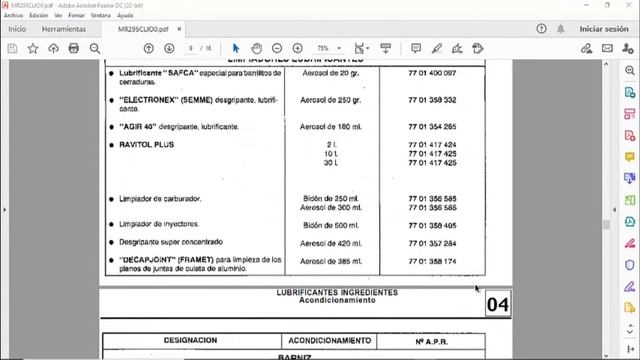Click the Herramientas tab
point(64,30)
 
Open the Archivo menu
point(13,16)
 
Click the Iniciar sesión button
point(603,30)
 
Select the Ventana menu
point(100,16)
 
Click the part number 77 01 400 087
point(432,74)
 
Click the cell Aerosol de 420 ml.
point(331,243)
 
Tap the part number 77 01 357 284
point(432,243)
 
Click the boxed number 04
point(497,304)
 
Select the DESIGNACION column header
point(190,340)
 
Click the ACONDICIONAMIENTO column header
point(331,340)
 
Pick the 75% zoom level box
point(327,48)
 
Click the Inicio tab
point(17,30)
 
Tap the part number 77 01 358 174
point(432,261)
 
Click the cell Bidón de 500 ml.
point(331,225)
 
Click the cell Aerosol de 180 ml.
point(331,127)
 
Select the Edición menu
point(39,16)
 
